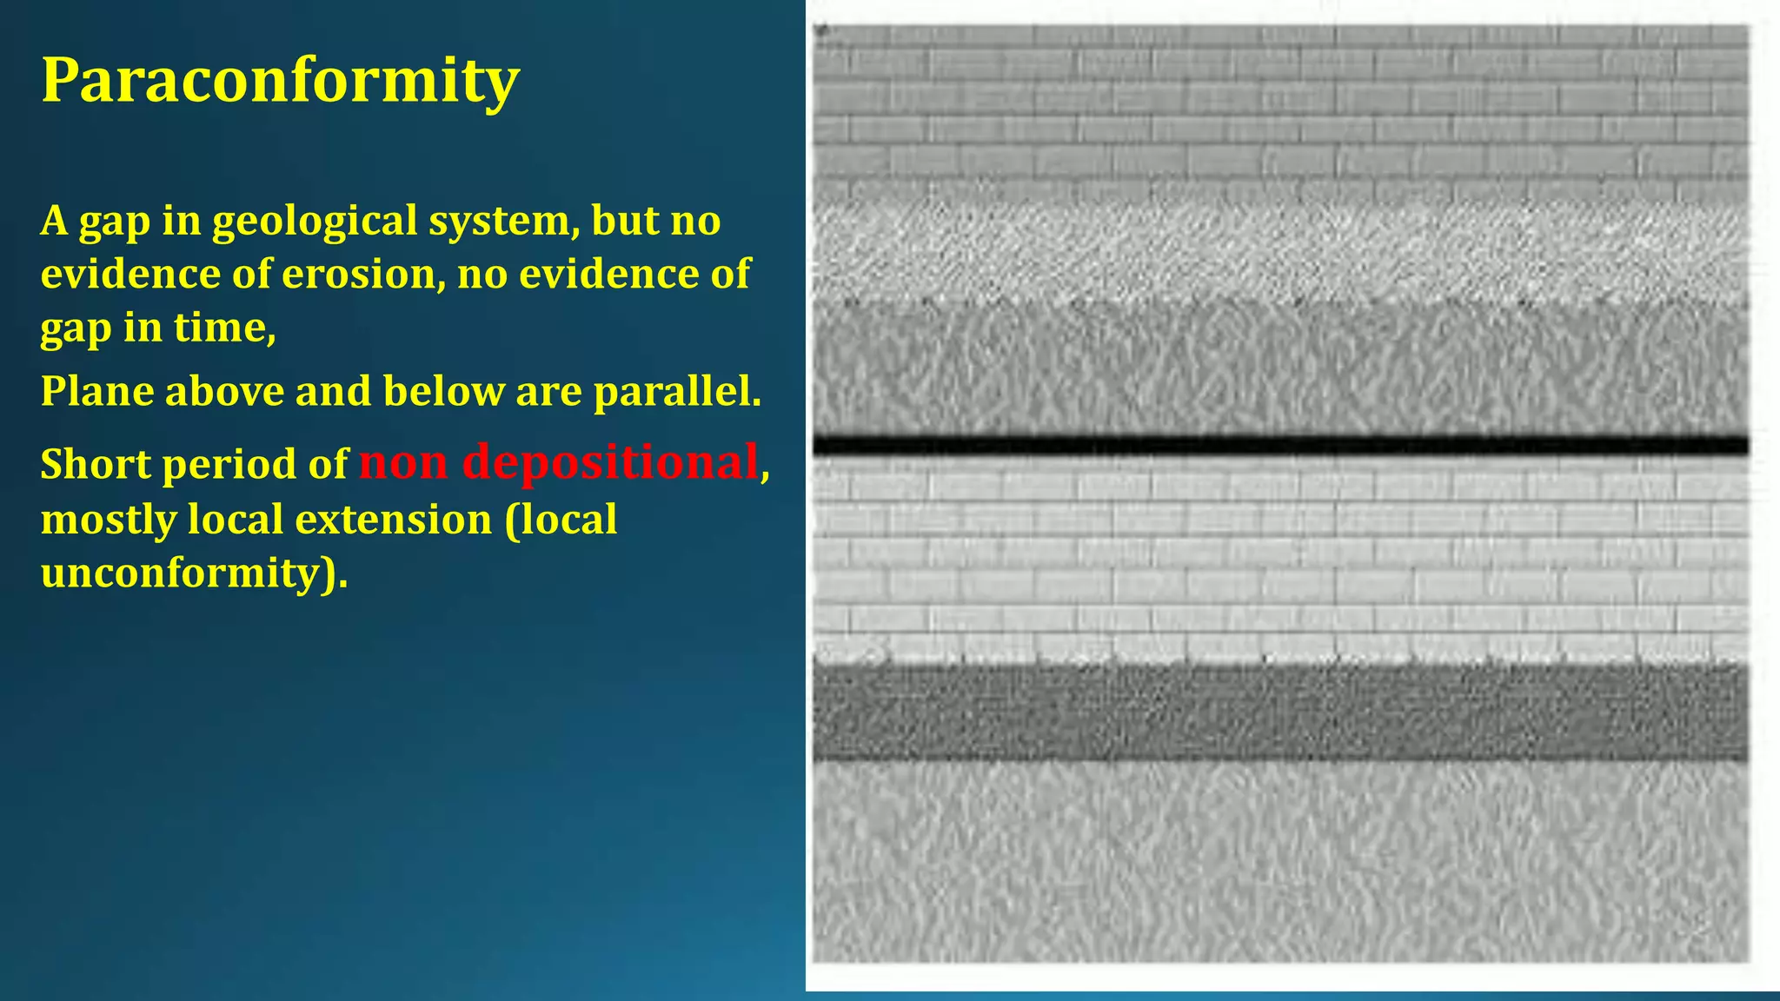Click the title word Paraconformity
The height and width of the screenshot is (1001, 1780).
pyautogui.click(x=280, y=80)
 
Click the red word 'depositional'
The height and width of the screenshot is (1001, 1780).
pyautogui.click(x=610, y=462)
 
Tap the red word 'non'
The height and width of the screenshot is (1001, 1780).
pyautogui.click(x=403, y=464)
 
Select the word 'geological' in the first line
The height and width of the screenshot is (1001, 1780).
pyautogui.click(x=315, y=221)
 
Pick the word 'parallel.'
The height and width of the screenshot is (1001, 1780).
pyautogui.click(x=677, y=392)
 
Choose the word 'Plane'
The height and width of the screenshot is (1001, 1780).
pyautogui.click(x=97, y=392)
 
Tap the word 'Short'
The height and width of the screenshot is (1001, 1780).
pyautogui.click(x=96, y=464)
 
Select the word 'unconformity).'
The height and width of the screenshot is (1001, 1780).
pyautogui.click(x=194, y=573)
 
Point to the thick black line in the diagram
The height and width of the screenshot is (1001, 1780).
pyautogui.click(x=1279, y=446)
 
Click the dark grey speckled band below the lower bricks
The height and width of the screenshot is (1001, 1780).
pyautogui.click(x=1279, y=713)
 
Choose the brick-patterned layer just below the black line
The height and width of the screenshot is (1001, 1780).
pyautogui.click(x=1279, y=556)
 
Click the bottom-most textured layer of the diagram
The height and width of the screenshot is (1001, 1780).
pyautogui.click(x=1279, y=860)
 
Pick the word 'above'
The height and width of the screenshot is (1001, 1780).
pyautogui.click(x=224, y=392)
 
